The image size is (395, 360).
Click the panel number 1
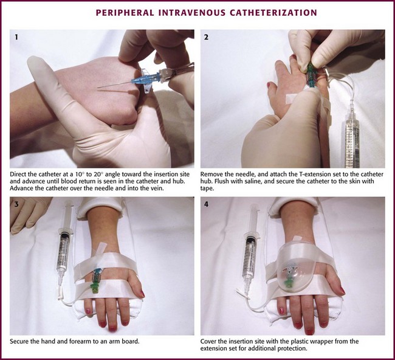pyautogui.click(x=16, y=37)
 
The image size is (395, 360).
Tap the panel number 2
pyautogui.click(x=207, y=37)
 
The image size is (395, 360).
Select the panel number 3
pyautogui.click(x=16, y=204)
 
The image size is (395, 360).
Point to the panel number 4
pyautogui.click(x=207, y=204)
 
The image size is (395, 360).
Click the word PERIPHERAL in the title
pyautogui.click(x=125, y=13)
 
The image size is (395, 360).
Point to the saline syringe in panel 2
pyautogui.click(x=352, y=134)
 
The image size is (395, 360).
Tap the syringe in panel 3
pyautogui.click(x=63, y=247)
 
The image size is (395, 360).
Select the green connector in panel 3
pyautogui.click(x=95, y=287)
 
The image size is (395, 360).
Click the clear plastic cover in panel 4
pyautogui.click(x=294, y=274)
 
